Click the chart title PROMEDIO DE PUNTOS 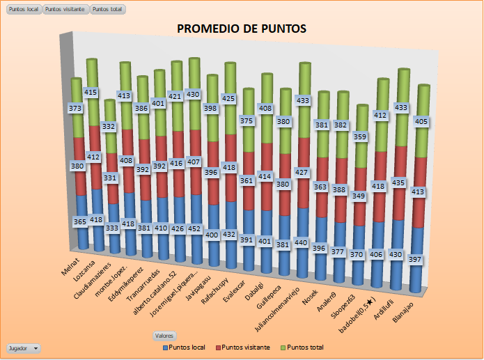[242, 29]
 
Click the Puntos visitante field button [65, 9]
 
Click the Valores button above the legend [164, 335]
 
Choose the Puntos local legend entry [184, 347]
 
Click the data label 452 [194, 228]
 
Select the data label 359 [359, 137]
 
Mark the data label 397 [416, 260]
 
